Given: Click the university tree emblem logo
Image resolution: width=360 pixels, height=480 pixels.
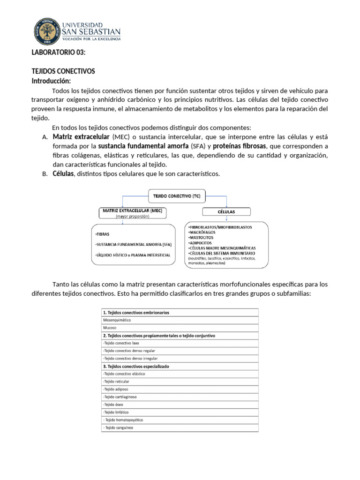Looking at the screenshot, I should point(48,31).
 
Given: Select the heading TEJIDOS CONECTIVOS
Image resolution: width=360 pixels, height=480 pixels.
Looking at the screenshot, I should point(63,71).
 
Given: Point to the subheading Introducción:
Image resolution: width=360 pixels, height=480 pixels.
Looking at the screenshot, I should point(51,81).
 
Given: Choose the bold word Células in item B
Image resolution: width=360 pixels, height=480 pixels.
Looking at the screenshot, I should point(63,174).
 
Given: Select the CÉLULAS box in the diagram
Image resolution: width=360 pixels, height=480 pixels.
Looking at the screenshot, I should point(226,211).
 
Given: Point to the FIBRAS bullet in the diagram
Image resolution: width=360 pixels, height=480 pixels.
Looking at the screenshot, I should point(102,233).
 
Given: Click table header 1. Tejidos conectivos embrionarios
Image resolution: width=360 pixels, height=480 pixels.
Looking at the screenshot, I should point(136,312).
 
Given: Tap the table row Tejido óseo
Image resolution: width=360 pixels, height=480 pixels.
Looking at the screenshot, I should point(113,404).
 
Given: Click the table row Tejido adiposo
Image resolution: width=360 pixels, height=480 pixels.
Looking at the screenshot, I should point(115,389).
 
